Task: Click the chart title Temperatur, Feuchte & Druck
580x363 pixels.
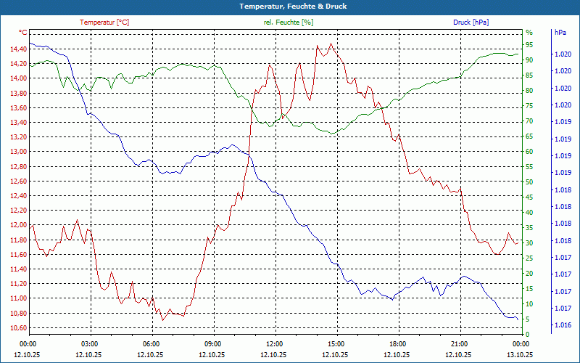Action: [x=290, y=6]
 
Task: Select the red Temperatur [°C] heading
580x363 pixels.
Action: [x=104, y=23]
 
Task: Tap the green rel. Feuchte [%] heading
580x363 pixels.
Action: [x=289, y=23]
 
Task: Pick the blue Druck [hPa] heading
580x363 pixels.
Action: [x=471, y=23]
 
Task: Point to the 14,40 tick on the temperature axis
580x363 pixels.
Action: [x=18, y=49]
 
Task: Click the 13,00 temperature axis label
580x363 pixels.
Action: [x=18, y=152]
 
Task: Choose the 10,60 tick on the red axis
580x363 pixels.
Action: [x=18, y=327]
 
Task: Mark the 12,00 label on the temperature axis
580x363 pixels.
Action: [x=18, y=225]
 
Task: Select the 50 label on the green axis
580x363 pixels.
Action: [x=529, y=181]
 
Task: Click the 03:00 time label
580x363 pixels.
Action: [x=90, y=343]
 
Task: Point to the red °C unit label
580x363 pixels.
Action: [x=22, y=33]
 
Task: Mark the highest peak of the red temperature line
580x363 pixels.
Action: [x=331, y=44]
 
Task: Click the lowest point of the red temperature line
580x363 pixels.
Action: [x=162, y=319]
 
